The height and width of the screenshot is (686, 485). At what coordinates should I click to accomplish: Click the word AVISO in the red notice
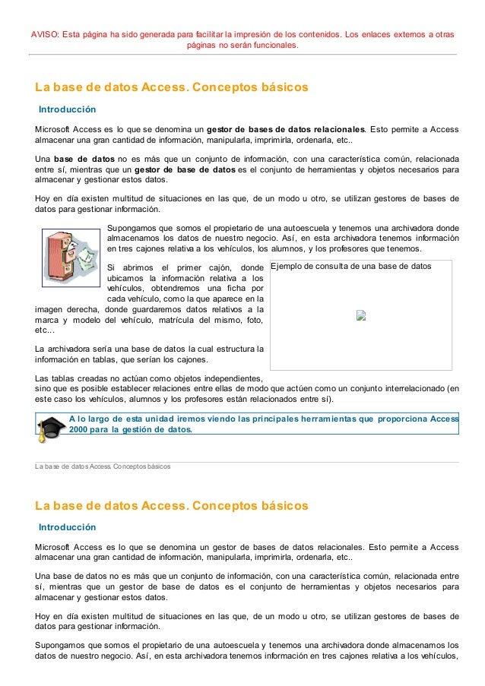click(44, 34)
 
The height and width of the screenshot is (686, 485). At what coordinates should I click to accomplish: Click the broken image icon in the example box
click(361, 315)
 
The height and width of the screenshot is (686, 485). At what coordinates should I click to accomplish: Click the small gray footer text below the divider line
click(103, 466)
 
